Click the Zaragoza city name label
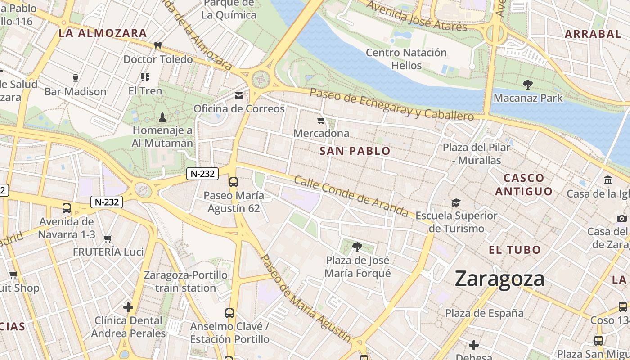[x=499, y=279]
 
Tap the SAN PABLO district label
[x=355, y=151]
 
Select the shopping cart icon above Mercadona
[x=321, y=120]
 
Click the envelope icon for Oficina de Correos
[x=239, y=96]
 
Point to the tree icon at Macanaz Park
[x=527, y=84]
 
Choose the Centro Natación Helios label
[x=406, y=59]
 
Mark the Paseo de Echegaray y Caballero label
[x=392, y=104]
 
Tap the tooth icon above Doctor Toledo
[x=158, y=45]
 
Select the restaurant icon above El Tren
[x=145, y=77]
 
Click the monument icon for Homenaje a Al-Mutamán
[x=162, y=117]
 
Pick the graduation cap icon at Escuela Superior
[x=456, y=202]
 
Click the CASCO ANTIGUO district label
[x=524, y=184]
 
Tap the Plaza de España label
[x=484, y=313]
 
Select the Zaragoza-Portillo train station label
[x=186, y=281]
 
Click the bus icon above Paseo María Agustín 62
[x=233, y=182]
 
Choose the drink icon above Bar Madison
[x=75, y=78]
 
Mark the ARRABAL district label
[x=593, y=34]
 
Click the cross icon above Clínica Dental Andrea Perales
[x=128, y=307]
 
